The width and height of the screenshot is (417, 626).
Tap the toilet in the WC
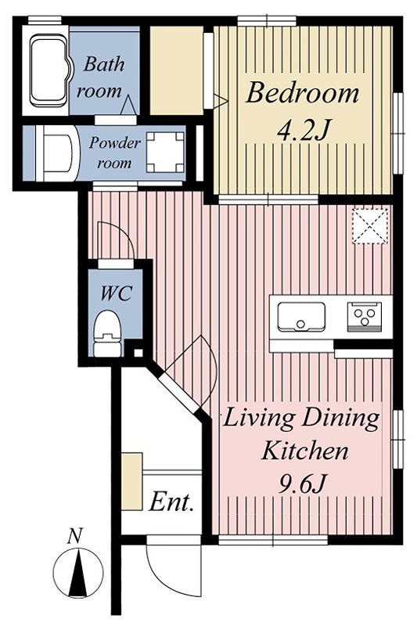[107, 334]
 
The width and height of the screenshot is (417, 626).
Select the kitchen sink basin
[301, 317]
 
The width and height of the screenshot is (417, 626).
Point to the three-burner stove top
[365, 317]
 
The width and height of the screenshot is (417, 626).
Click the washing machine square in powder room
[165, 152]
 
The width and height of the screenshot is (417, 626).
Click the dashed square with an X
[370, 226]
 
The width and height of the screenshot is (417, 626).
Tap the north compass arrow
[78, 573]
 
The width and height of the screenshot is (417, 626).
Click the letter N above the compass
[74, 536]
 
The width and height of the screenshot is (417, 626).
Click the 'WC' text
[116, 293]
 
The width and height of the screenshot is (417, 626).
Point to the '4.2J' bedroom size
[304, 131]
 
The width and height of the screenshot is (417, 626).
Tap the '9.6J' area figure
[302, 484]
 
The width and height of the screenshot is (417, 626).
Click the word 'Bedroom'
[302, 93]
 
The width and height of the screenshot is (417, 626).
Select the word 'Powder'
[115, 142]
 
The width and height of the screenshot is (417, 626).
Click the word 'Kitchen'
[304, 452]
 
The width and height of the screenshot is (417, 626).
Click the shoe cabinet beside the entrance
[131, 481]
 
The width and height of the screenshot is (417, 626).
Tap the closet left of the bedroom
[176, 70]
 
